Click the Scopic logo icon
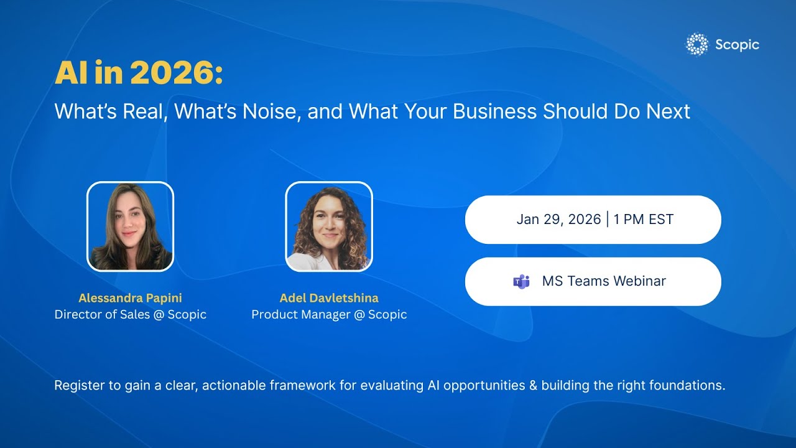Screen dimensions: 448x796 696,45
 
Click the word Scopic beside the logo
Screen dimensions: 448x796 737,45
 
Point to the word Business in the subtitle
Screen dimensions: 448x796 494,111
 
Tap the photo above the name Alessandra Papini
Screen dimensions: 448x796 130,226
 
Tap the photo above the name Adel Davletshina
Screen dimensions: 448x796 329,226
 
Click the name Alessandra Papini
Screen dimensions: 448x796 130,298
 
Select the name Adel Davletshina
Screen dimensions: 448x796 329,298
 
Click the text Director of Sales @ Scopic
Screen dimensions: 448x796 130,314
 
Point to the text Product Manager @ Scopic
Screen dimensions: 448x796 329,314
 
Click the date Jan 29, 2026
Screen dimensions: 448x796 558,219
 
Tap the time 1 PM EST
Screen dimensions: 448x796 643,219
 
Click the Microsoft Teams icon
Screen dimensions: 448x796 521,281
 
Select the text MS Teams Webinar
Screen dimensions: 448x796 604,281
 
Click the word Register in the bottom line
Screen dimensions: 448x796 79,386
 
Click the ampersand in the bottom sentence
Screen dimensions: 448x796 533,386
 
